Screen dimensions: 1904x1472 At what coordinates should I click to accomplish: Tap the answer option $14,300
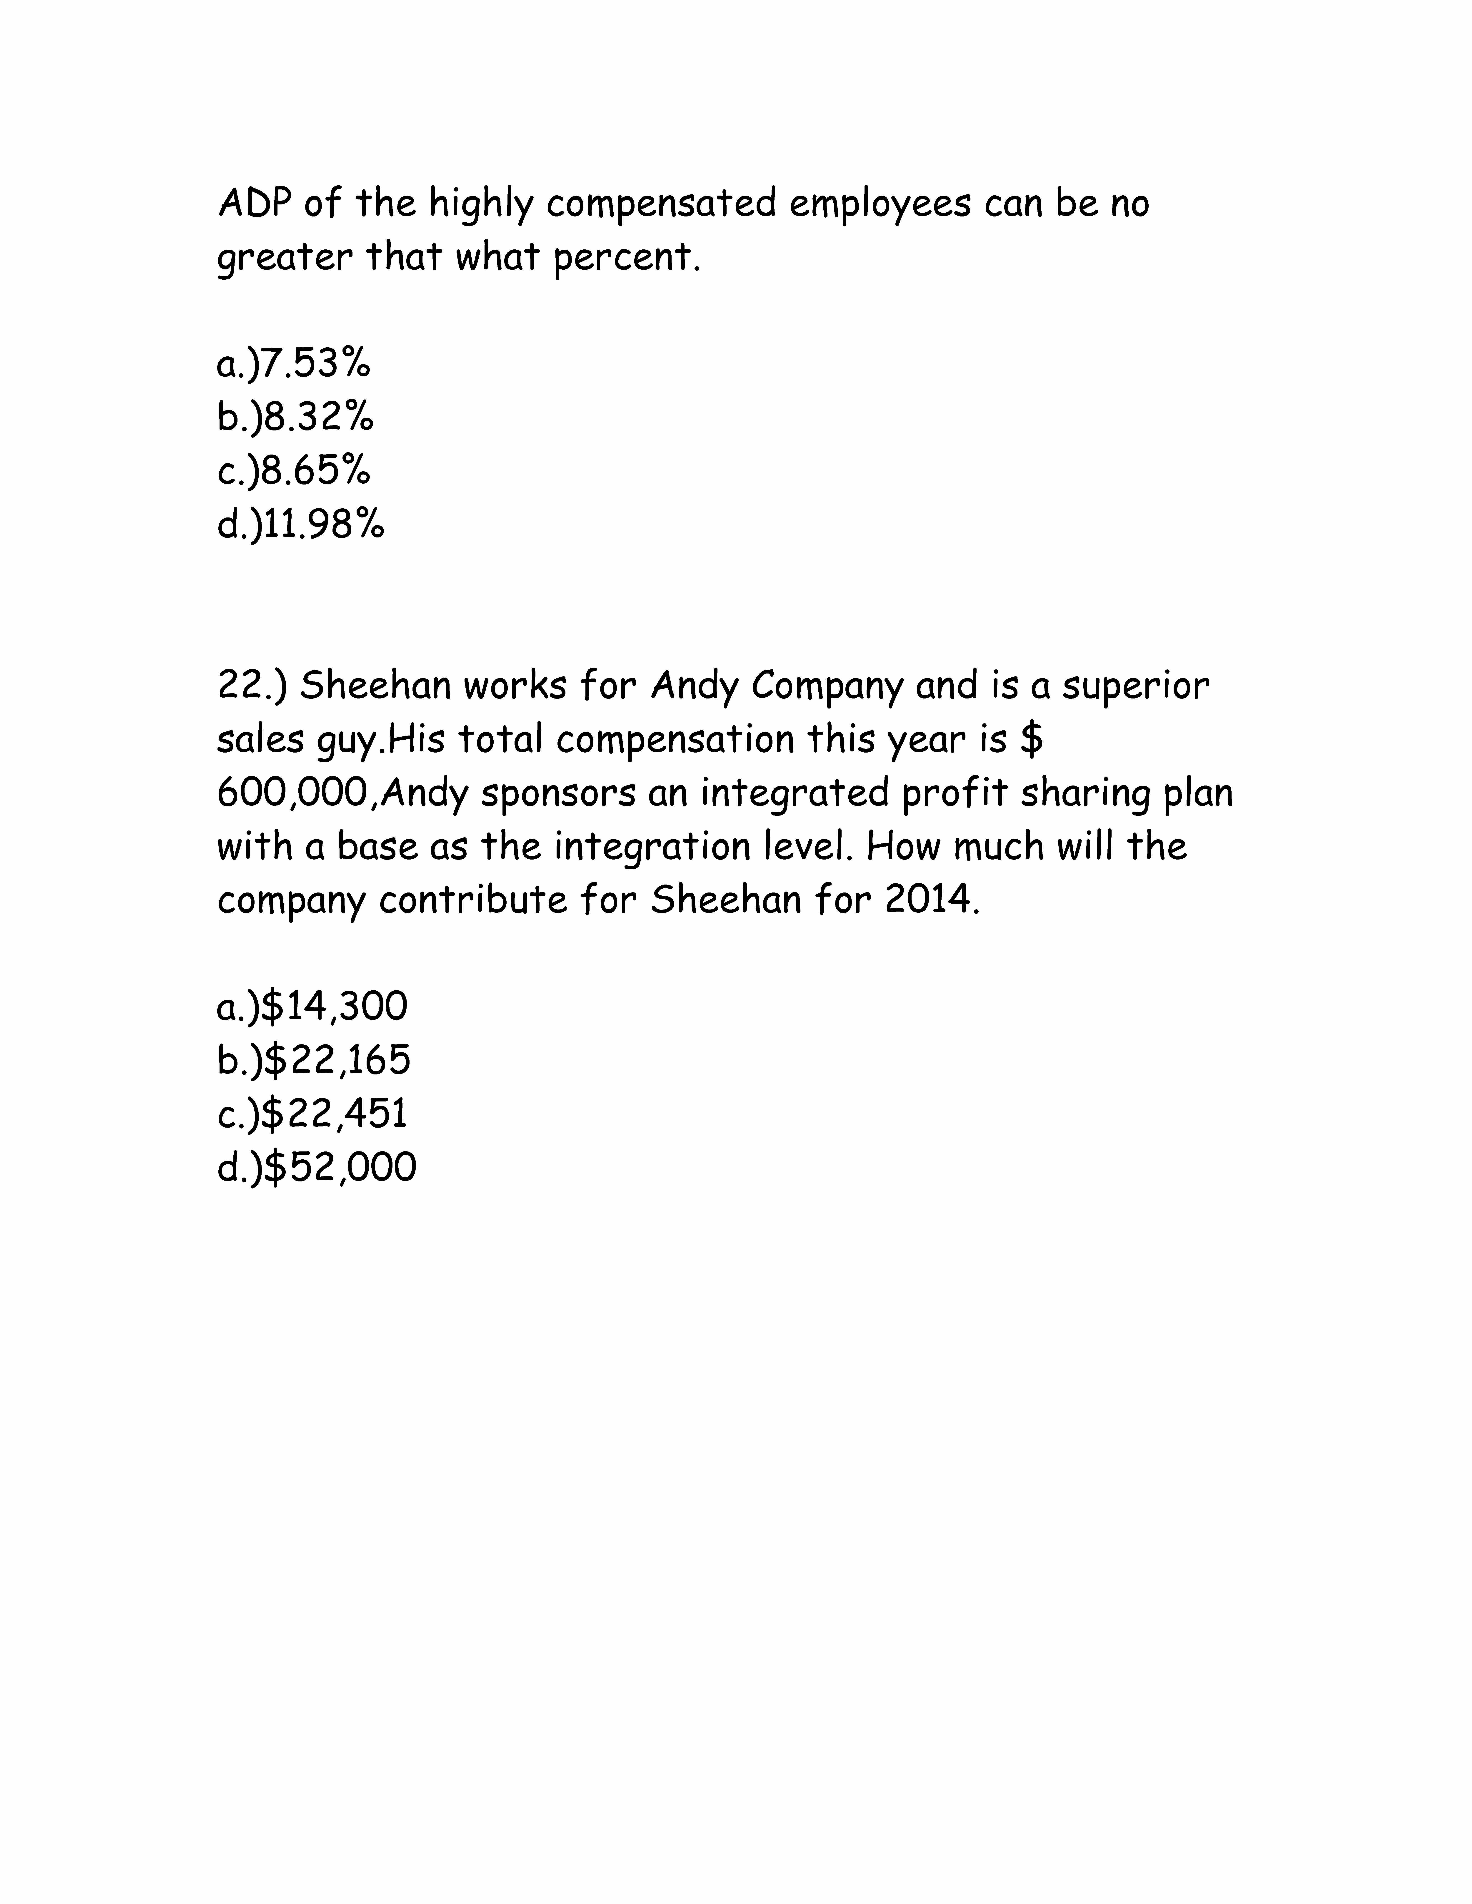[x=312, y=1007]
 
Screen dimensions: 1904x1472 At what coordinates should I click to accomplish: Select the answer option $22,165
[x=314, y=1060]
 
